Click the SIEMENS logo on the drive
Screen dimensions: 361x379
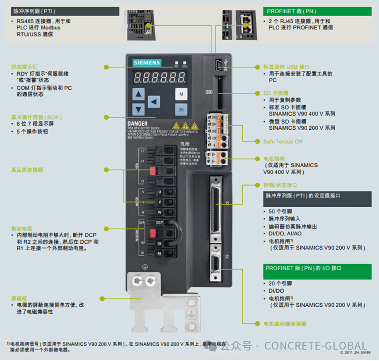click(x=147, y=63)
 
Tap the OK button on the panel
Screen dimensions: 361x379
click(x=181, y=110)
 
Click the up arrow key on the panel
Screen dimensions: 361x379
click(x=138, y=94)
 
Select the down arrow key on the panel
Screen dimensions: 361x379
click(x=138, y=110)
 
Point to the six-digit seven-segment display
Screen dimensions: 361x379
click(x=159, y=78)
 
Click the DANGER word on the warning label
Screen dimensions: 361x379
click(x=137, y=124)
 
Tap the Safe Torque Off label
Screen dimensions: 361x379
click(x=283, y=142)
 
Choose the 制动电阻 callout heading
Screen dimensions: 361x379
click(x=21, y=229)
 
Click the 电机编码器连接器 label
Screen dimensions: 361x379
click(x=285, y=324)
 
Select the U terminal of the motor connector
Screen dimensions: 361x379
click(x=159, y=192)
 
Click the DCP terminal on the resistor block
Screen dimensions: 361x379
click(x=159, y=223)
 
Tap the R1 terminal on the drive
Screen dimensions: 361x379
click(x=159, y=254)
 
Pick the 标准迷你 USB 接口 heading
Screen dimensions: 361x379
click(x=286, y=67)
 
